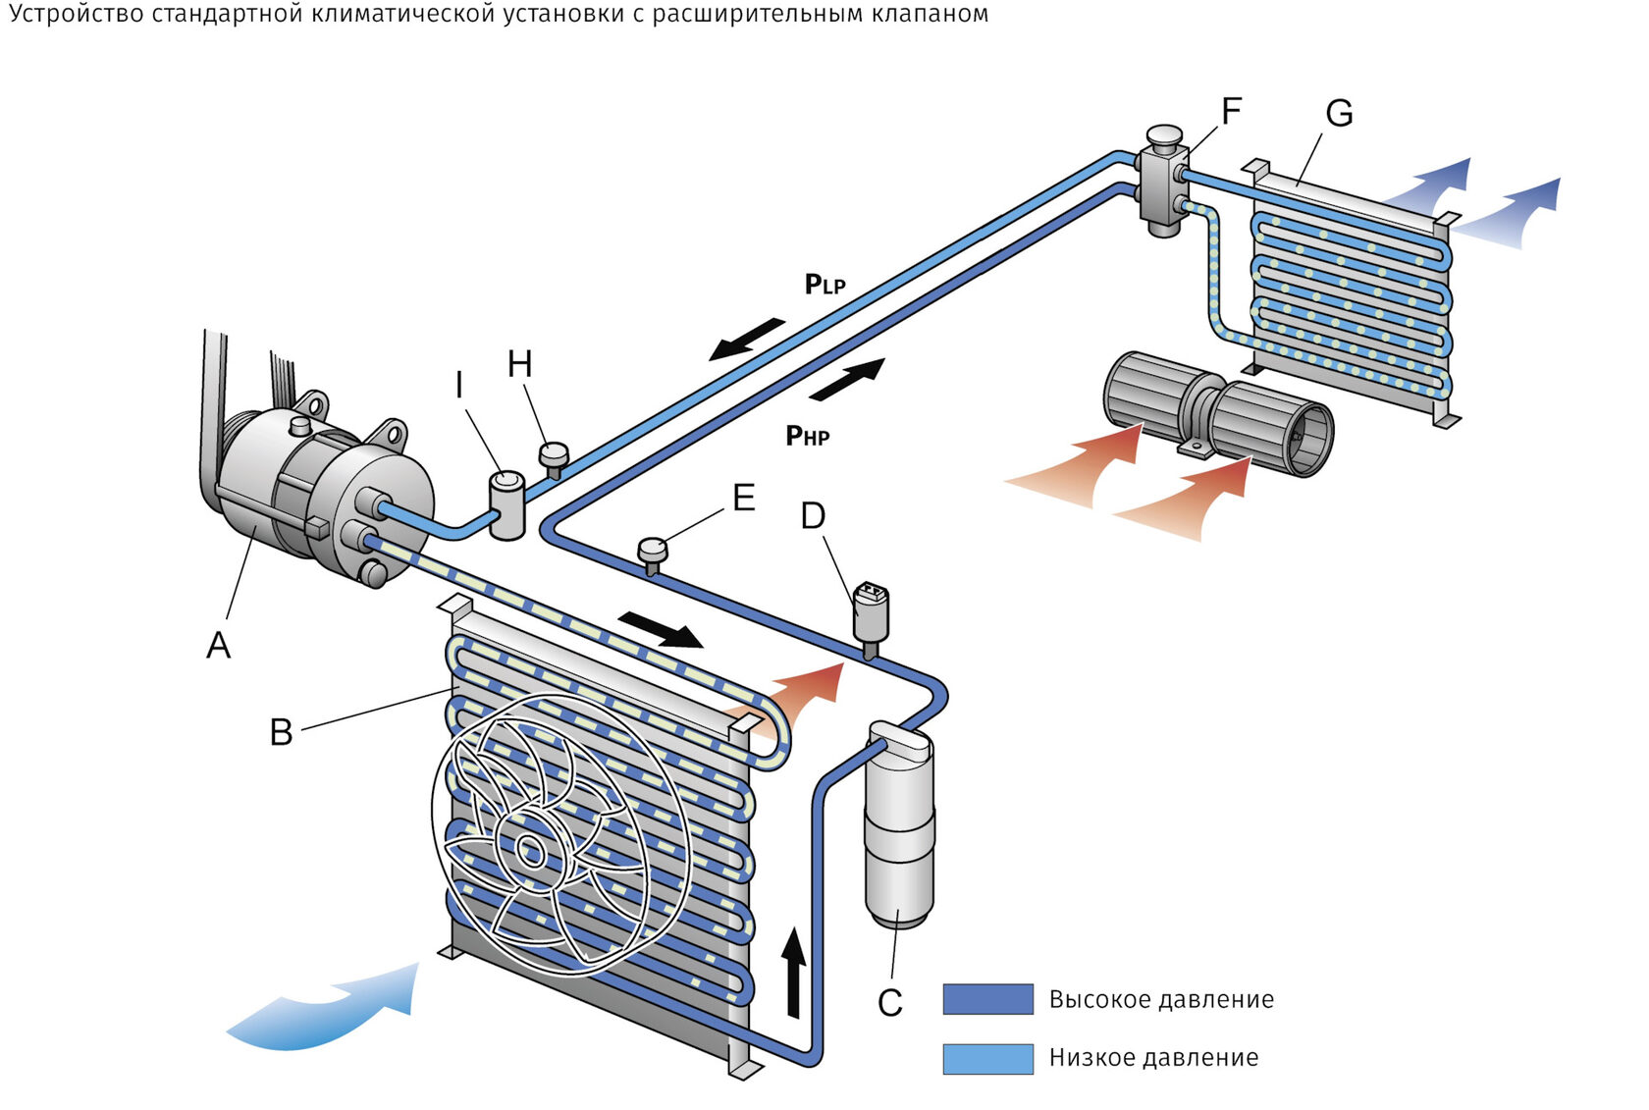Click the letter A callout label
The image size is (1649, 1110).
click(x=218, y=645)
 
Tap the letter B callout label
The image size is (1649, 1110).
click(x=281, y=731)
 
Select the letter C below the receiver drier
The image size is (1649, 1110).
click(x=889, y=1003)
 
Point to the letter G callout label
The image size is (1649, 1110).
click(x=1339, y=114)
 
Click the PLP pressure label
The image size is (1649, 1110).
click(x=824, y=285)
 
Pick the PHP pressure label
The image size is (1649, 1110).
click(x=807, y=435)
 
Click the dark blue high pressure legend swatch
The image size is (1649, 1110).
click(x=987, y=999)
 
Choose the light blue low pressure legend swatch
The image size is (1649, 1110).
click(x=987, y=1058)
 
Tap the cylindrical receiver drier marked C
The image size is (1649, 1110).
click(x=899, y=824)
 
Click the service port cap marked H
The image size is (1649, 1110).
click(x=554, y=455)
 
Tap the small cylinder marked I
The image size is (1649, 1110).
click(x=507, y=503)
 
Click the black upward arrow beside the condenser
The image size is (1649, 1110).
click(x=793, y=972)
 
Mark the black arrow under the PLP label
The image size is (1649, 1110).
click(x=748, y=339)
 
